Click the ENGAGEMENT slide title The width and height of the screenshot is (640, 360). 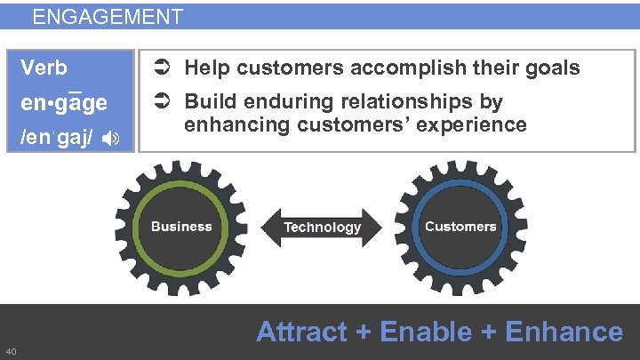click(107, 17)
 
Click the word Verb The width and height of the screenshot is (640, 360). click(44, 68)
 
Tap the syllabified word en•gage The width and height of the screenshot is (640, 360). click(64, 102)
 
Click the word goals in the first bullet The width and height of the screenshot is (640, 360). click(556, 68)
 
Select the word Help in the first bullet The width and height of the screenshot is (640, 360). click(205, 68)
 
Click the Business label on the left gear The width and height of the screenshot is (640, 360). click(181, 226)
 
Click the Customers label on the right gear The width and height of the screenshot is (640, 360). click(460, 226)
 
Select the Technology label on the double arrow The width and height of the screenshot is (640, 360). click(322, 228)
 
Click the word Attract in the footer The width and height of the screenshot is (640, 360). click(301, 332)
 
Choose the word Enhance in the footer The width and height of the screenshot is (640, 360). click(564, 332)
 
